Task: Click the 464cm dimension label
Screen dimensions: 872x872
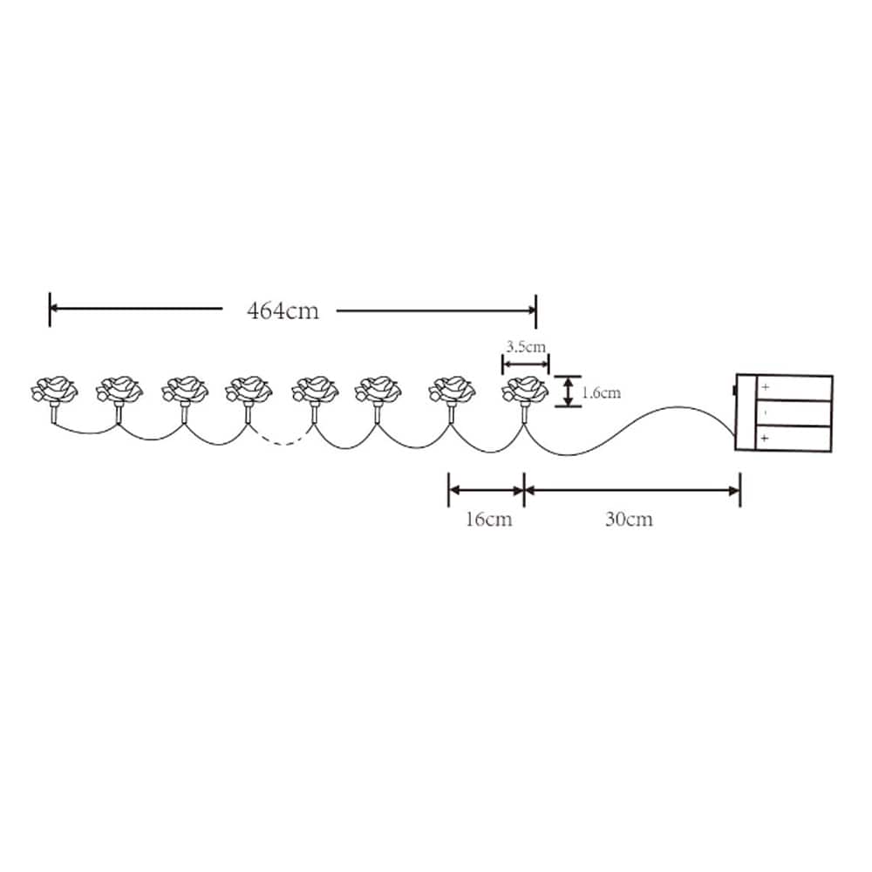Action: (283, 310)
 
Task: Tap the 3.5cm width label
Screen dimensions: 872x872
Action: (526, 347)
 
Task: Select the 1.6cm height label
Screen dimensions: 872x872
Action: (601, 392)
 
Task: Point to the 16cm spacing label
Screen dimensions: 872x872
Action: (489, 519)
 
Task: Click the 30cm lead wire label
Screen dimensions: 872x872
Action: (629, 519)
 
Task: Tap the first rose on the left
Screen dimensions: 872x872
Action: (54, 390)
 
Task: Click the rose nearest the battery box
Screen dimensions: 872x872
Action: (525, 390)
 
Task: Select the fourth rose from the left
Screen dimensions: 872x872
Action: (249, 390)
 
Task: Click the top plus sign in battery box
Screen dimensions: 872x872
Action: (766, 387)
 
